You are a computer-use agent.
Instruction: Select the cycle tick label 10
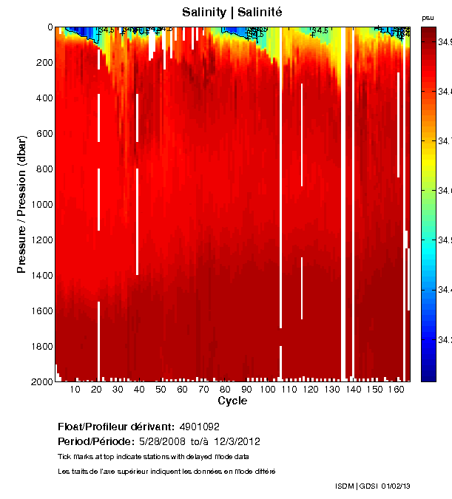pyautogui.click(x=75, y=390)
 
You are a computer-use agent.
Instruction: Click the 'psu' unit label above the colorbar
pyautogui.click(x=428, y=17)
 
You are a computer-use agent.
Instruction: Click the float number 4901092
pyautogui.click(x=199, y=427)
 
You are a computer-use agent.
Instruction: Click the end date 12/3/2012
pyautogui.click(x=236, y=441)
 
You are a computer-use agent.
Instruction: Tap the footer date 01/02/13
pyautogui.click(x=395, y=486)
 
